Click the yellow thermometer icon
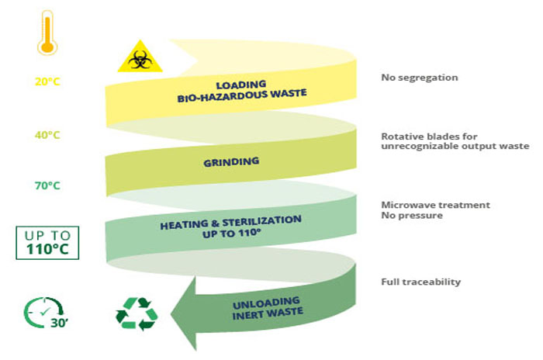click(47, 33)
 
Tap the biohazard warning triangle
click(140, 57)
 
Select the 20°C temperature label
click(47, 81)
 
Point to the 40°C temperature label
click(47, 135)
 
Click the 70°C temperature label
click(47, 185)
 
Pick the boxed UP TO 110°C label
click(47, 243)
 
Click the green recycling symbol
click(137, 313)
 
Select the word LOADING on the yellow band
click(241, 85)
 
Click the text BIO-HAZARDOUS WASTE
click(242, 95)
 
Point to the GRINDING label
click(231, 162)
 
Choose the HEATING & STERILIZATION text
click(230, 223)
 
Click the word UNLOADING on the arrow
click(266, 303)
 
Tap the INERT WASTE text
click(268, 314)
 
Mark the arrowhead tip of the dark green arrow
click(171, 314)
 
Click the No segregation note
click(420, 78)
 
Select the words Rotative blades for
click(429, 137)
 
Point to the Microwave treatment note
click(436, 205)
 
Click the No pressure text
click(412, 216)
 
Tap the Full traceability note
click(420, 282)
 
